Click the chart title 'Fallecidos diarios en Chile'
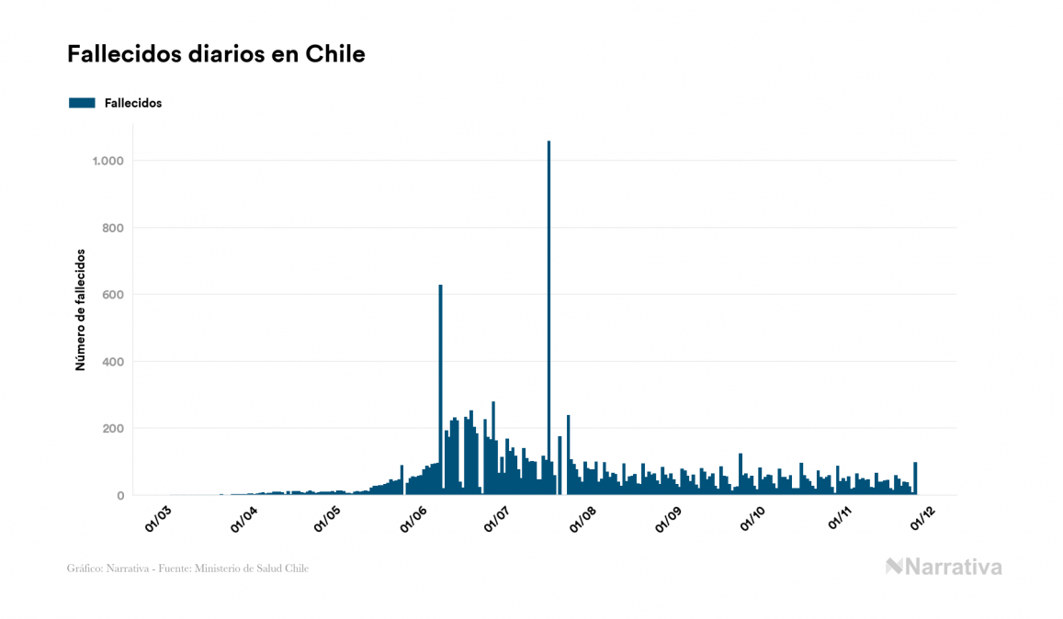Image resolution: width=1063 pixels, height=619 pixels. click(x=216, y=54)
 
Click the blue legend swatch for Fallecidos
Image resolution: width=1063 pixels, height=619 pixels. click(x=82, y=103)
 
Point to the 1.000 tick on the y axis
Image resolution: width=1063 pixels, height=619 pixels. click(x=107, y=161)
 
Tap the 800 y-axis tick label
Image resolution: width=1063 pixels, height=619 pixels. click(x=112, y=228)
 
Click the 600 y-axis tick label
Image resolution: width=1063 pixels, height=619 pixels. click(x=112, y=295)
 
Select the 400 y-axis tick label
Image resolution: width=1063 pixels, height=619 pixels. click(x=112, y=362)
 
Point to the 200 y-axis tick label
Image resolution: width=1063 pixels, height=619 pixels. click(x=112, y=429)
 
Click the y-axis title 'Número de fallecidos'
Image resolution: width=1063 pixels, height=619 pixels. click(x=80, y=309)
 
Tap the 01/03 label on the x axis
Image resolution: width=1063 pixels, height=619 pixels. click(x=158, y=519)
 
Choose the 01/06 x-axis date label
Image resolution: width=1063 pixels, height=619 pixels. click(x=413, y=519)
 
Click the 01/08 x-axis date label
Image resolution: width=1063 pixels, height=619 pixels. click(x=582, y=519)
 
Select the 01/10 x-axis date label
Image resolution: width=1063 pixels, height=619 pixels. click(x=752, y=519)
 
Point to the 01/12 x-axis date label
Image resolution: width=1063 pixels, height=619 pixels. click(x=922, y=519)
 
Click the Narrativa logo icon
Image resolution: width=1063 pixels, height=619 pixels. click(x=895, y=567)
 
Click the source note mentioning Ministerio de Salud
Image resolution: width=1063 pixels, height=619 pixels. click(x=187, y=568)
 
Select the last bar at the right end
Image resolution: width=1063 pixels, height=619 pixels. click(x=915, y=478)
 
